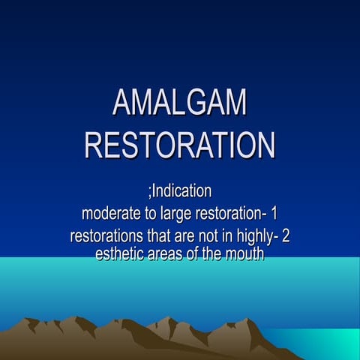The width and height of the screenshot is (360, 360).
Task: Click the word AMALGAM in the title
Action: click(x=179, y=103)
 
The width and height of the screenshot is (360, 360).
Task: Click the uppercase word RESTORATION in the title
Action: click(x=179, y=144)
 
